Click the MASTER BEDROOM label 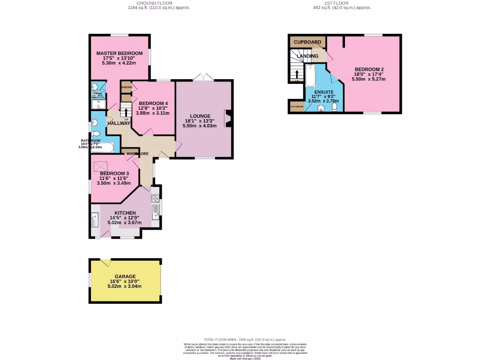(x=120, y=53)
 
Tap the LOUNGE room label (x=200, y=116)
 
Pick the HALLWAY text (x=118, y=123)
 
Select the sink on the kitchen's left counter (x=95, y=219)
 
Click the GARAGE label (x=125, y=277)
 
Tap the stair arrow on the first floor (x=296, y=75)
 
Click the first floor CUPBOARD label (x=307, y=42)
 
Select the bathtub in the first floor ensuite (x=311, y=76)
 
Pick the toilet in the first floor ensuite (x=335, y=107)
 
